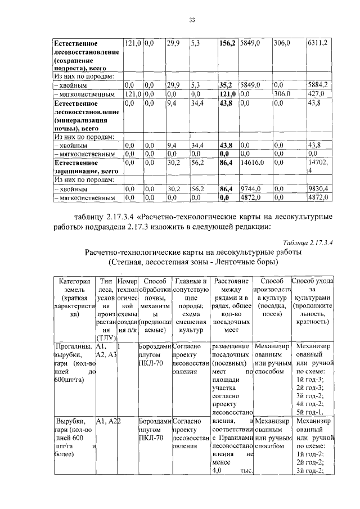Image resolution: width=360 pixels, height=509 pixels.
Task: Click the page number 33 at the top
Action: [191, 20]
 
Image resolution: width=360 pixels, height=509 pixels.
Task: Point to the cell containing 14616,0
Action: [251, 163]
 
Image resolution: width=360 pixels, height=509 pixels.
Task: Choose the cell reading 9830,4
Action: [318, 189]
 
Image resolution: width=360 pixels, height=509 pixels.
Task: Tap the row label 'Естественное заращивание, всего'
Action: [85, 167]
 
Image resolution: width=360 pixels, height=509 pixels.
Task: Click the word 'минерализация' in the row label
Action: [82, 120]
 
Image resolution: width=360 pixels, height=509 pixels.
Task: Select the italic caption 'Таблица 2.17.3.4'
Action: [309, 242]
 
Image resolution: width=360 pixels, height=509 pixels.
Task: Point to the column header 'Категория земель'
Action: [74, 285]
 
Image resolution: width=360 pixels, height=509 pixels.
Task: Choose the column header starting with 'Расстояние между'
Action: [231, 285]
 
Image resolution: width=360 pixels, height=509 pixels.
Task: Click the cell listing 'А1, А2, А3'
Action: [106, 351]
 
